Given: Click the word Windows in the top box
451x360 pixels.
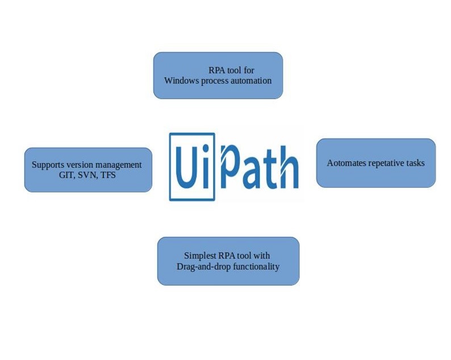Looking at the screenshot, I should pyautogui.click(x=181, y=81).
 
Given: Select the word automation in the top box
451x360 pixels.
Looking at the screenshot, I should pyautogui.click(x=250, y=81).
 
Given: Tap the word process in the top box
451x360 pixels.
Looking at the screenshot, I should pyautogui.click(x=214, y=81).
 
